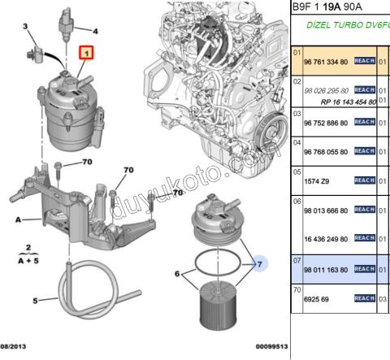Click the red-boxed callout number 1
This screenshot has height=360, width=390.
tap(86, 54)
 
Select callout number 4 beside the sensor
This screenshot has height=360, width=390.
tap(94, 32)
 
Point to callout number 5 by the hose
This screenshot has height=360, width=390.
tap(35, 301)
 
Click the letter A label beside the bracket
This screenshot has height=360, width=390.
tap(17, 219)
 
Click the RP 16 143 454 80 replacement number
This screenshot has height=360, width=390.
tap(334, 102)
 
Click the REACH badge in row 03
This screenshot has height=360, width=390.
tap(364, 123)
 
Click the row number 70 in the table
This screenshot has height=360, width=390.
tap(297, 288)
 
